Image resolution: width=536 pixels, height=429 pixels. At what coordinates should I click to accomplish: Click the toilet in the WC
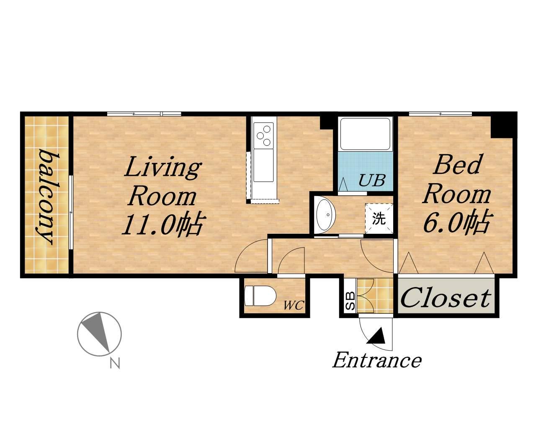pos(260,296)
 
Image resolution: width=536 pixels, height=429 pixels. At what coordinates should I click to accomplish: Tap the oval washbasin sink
pos(326,214)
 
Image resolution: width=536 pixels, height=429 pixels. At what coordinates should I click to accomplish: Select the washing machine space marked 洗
pos(379,219)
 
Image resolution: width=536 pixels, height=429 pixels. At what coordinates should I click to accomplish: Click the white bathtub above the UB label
pos(365,134)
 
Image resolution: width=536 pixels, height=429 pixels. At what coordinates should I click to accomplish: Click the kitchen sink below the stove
pos(263,165)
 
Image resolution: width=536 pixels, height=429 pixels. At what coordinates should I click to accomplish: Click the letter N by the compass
pos(115,363)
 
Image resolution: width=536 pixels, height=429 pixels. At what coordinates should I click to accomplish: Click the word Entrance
pos(377,360)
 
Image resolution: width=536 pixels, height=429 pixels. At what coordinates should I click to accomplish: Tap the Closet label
pos(446,298)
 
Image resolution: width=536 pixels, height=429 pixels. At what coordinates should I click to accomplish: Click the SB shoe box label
pos(350,301)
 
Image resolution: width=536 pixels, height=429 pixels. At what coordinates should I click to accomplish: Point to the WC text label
pos(294,305)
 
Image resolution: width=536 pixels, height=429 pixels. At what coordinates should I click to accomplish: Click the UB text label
pos(372,181)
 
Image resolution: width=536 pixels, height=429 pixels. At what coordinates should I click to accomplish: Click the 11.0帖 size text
pos(163,225)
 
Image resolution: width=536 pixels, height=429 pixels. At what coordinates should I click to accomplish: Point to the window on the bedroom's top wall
pos(441,114)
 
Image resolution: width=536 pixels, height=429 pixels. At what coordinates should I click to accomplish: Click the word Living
pos(163,167)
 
